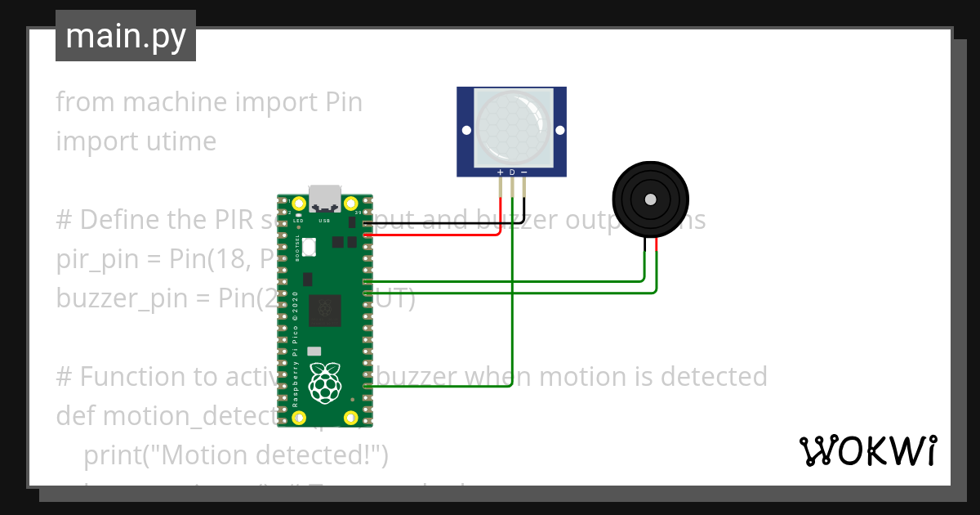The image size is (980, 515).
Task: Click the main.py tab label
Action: tap(125, 36)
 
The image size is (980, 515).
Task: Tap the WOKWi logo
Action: tap(867, 451)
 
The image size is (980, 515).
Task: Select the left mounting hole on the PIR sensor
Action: tap(466, 130)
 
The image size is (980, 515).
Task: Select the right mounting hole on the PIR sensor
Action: tap(559, 130)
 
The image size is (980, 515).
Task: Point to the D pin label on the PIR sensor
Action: tap(512, 172)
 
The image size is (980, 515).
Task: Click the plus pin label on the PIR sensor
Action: tap(500, 172)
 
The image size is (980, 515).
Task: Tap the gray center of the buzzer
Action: tap(650, 199)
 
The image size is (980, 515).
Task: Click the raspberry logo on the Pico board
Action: tap(325, 383)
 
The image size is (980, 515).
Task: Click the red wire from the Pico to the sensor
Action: tap(433, 235)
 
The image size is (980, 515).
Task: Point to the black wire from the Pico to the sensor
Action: tap(441, 222)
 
